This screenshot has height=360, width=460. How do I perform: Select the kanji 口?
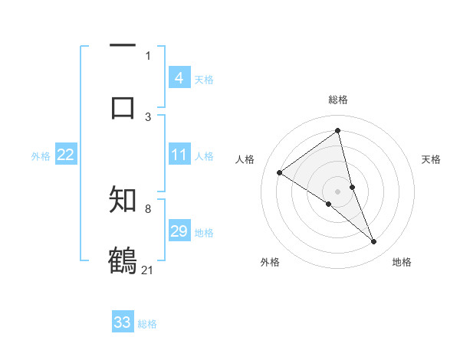[x=123, y=107]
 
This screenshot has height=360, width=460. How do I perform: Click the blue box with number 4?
[x=179, y=78]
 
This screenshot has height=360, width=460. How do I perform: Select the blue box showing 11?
[x=179, y=155]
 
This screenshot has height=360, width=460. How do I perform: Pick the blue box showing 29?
[x=179, y=231]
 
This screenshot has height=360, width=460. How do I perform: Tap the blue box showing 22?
[x=66, y=155]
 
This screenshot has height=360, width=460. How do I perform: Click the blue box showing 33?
[x=123, y=322]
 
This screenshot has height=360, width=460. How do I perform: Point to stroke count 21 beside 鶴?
[x=148, y=270]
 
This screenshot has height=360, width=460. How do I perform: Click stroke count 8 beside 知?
[x=148, y=208]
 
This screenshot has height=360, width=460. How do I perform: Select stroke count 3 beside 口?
[x=148, y=116]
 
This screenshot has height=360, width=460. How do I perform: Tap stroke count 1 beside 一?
[x=148, y=55]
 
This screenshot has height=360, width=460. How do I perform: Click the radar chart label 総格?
[x=338, y=100]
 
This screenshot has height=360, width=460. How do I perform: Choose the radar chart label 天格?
[x=432, y=159]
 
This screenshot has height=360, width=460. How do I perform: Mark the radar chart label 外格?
[x=270, y=262]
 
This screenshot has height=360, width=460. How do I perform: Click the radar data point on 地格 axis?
[x=374, y=241]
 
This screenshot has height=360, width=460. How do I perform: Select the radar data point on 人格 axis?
[x=280, y=172]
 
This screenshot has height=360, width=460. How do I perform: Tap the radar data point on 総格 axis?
[x=338, y=130]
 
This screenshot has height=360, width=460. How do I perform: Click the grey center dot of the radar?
[x=338, y=191]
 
